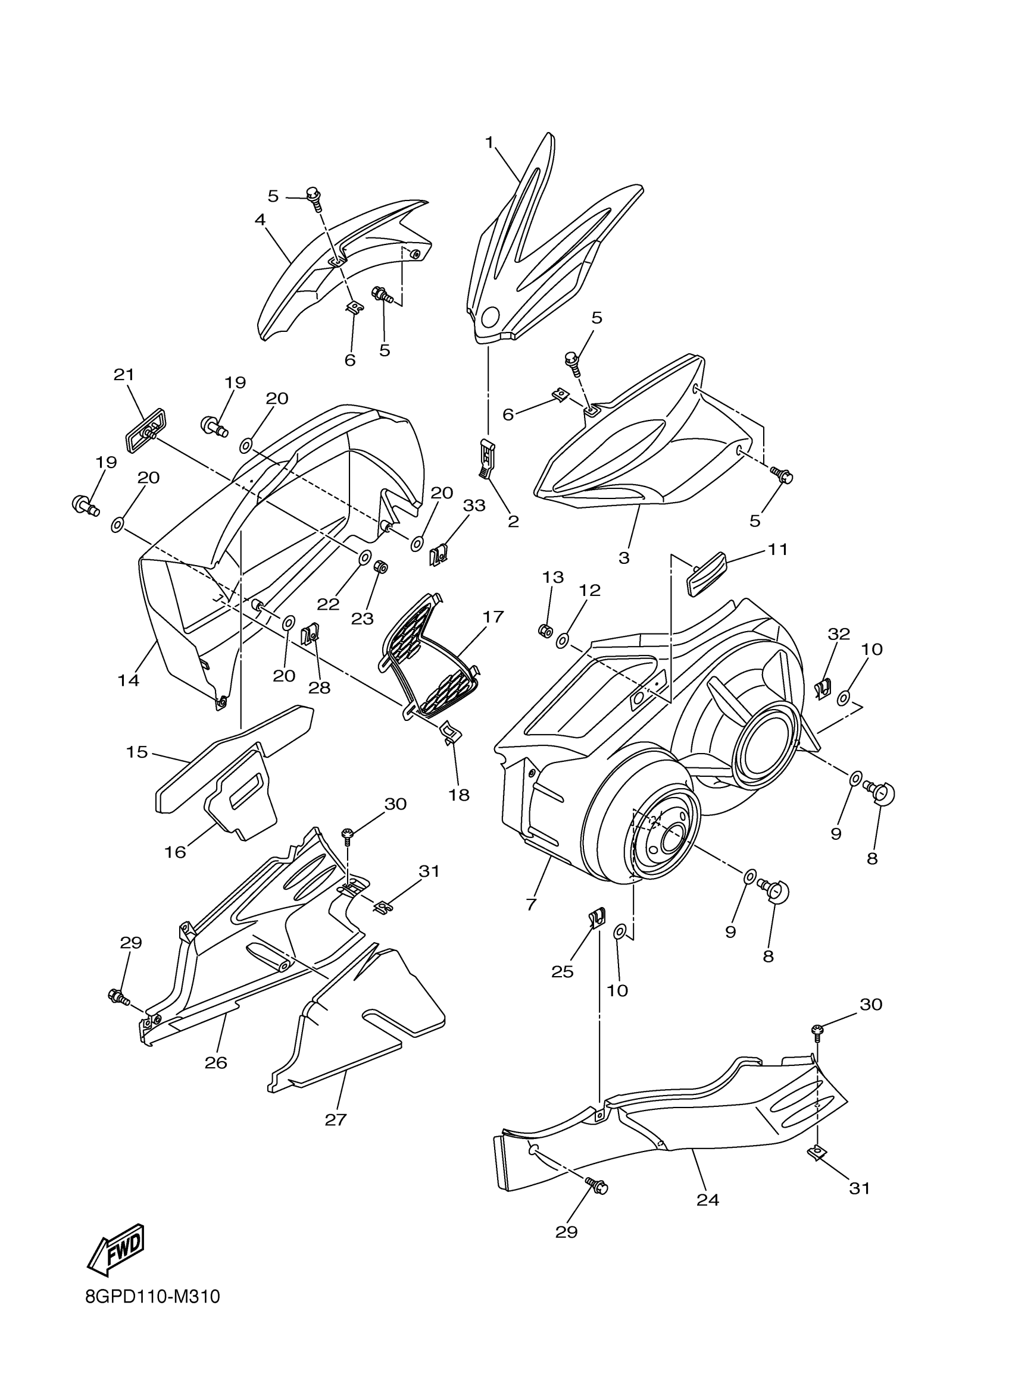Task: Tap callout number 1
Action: (489, 143)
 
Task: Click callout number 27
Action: (336, 1119)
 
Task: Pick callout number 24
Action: (708, 1200)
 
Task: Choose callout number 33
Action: (474, 506)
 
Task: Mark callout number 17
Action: (493, 616)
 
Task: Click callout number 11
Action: (778, 549)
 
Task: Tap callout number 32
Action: (839, 633)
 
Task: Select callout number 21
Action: (124, 374)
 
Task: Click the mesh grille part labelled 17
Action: (431, 658)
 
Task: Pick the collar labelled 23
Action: (380, 566)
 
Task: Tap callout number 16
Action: (175, 852)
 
